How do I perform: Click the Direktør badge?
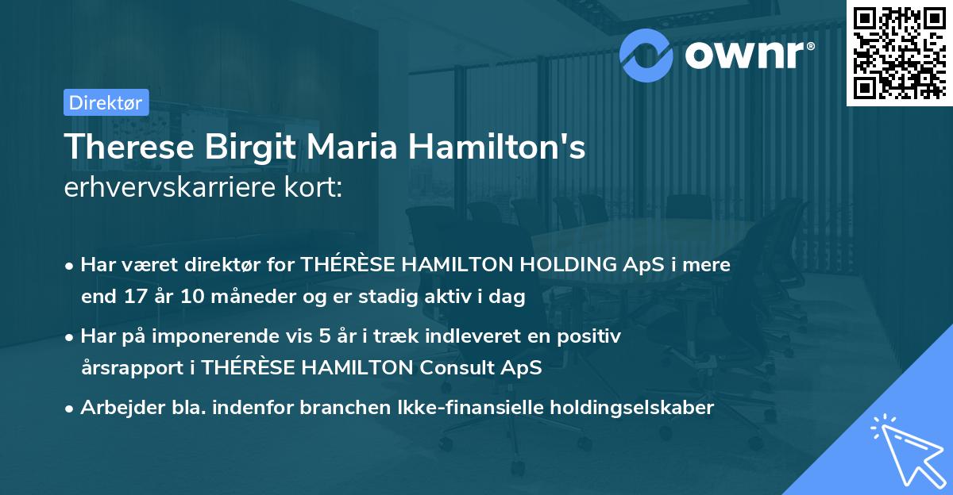105,102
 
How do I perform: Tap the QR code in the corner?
898,52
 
